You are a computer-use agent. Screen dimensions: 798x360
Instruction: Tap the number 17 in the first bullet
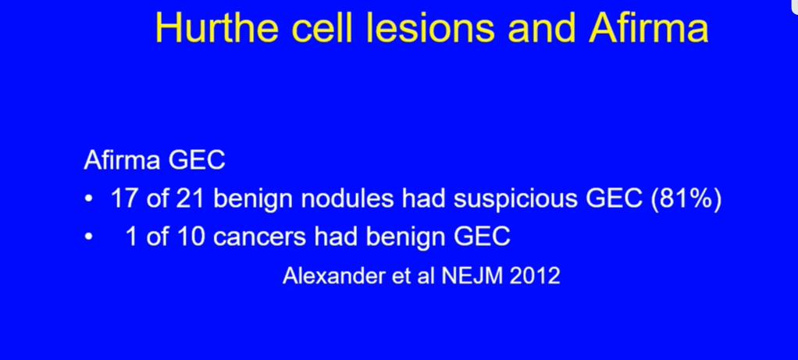(x=124, y=198)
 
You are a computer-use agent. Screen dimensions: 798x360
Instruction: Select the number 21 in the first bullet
(x=191, y=198)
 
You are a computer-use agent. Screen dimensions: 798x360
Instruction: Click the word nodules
(x=347, y=198)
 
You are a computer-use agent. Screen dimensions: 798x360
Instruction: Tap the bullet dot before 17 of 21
(x=89, y=200)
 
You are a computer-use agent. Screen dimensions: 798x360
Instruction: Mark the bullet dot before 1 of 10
(x=89, y=237)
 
